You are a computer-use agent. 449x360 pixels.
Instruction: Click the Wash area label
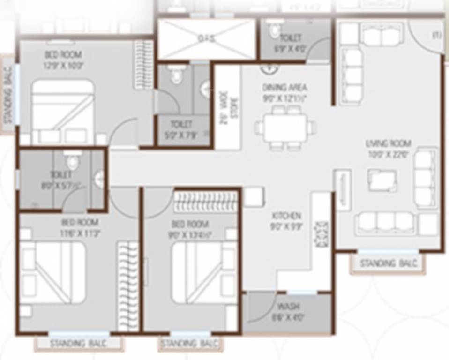[x=288, y=307]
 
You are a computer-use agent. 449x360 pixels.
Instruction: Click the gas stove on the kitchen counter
[x=322, y=233]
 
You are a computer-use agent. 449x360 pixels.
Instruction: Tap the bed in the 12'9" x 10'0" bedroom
[x=62, y=111]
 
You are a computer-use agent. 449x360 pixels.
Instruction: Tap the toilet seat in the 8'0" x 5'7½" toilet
[x=72, y=162]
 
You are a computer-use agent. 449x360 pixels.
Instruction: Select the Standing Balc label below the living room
[x=388, y=263]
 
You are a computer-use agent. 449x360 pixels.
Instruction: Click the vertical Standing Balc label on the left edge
[x=8, y=96]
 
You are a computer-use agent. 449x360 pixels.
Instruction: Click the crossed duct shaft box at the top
[x=206, y=39]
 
